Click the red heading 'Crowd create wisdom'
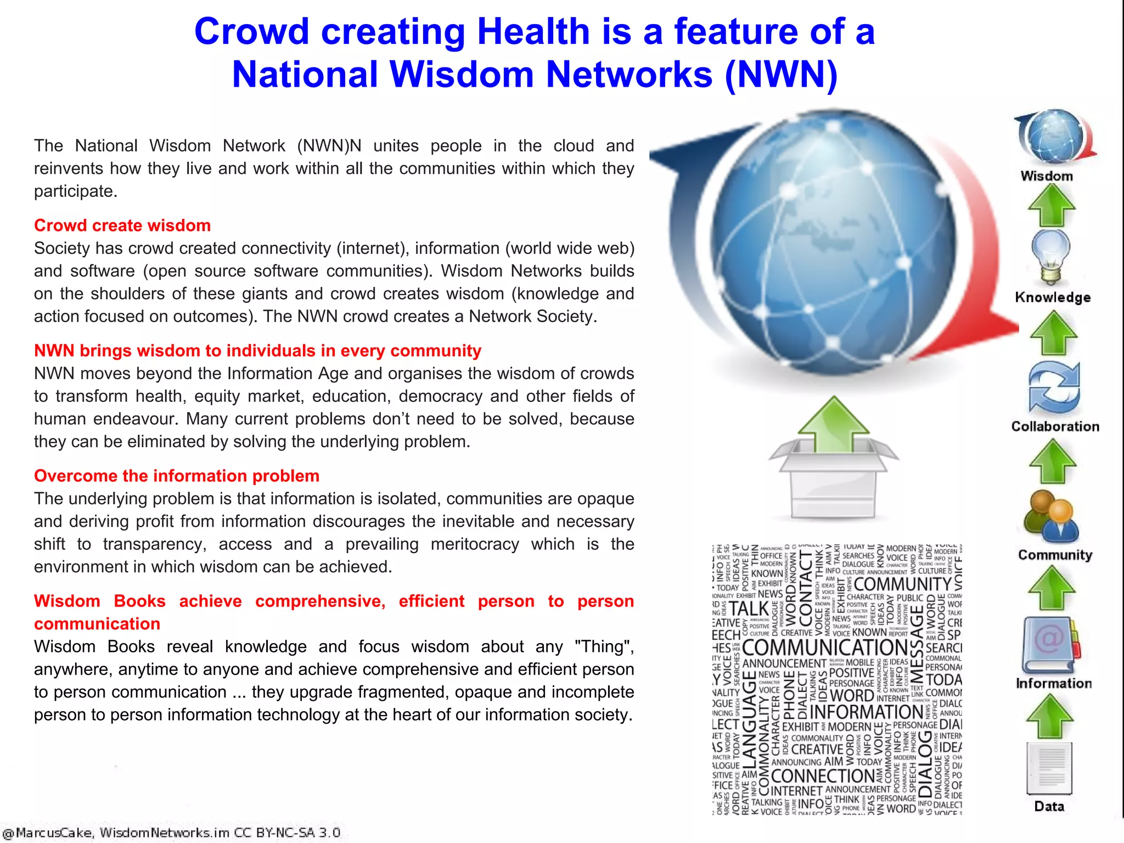[122, 226]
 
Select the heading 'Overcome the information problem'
[177, 476]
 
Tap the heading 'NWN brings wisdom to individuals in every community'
[257, 351]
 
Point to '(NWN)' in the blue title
[781, 74]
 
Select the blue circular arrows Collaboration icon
[1054, 387]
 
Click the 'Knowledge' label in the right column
[1053, 297]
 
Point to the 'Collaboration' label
[1055, 426]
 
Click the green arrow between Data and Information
[1050, 716]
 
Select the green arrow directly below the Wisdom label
[1051, 205]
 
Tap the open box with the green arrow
[833, 461]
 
